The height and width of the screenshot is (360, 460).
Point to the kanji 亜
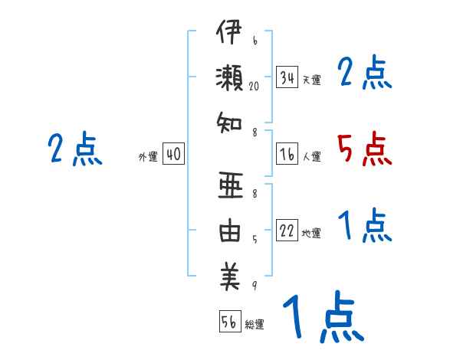click(x=228, y=188)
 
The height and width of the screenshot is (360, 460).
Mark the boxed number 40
click(x=173, y=154)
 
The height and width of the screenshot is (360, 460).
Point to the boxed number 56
click(x=230, y=322)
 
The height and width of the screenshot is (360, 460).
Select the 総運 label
click(x=255, y=325)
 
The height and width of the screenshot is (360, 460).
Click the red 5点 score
click(x=365, y=149)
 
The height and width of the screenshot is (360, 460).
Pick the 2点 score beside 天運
click(x=365, y=74)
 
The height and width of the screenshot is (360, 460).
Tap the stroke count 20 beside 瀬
click(x=255, y=87)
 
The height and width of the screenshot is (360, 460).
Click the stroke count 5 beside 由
click(x=254, y=239)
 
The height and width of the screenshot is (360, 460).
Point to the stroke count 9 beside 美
click(x=254, y=286)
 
